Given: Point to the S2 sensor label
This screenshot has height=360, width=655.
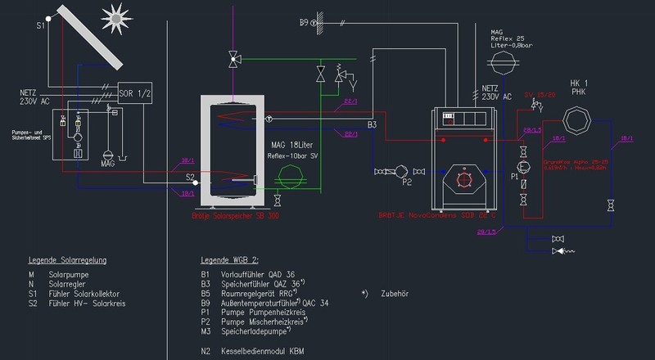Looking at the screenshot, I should point(190,177).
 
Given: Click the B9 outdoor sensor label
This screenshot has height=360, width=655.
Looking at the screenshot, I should point(305,23).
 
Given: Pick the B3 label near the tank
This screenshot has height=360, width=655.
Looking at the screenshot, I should point(372,124).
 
